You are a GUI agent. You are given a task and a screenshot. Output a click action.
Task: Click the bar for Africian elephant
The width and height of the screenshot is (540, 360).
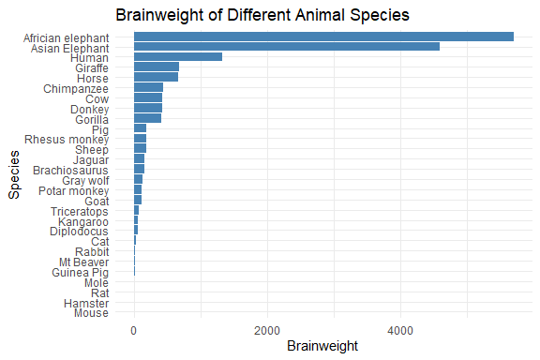323,37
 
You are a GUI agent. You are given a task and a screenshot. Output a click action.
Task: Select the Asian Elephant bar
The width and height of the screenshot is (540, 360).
286,47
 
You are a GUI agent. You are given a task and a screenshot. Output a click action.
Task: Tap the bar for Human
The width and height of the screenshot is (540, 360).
178,57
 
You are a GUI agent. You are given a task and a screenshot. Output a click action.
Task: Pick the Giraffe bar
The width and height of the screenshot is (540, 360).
157,67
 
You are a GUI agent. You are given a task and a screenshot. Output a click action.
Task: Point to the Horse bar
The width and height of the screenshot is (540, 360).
156,78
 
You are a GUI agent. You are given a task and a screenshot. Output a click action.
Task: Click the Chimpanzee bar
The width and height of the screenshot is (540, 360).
148,88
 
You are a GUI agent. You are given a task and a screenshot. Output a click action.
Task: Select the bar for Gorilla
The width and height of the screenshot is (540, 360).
147,119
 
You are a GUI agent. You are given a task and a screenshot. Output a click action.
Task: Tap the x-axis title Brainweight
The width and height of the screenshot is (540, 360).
322,346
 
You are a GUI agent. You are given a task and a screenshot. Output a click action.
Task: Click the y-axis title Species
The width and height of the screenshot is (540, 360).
14,176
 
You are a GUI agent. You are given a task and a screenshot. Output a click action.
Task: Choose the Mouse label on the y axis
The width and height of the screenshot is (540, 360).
91,314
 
